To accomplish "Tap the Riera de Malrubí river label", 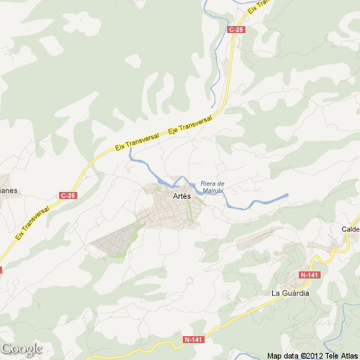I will coord(212,186).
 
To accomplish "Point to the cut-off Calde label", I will coord(350,229).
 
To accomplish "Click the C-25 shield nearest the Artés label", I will coord(67,195).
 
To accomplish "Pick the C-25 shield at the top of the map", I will coord(236,30).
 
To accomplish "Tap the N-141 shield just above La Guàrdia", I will coord(309,274).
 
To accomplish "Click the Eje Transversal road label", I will coord(190,126).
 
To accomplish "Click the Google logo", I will coord(22,349).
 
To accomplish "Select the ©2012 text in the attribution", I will coord(311,355).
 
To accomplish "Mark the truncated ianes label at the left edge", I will coord(8,190).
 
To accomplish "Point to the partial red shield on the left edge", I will coord(1,269).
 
